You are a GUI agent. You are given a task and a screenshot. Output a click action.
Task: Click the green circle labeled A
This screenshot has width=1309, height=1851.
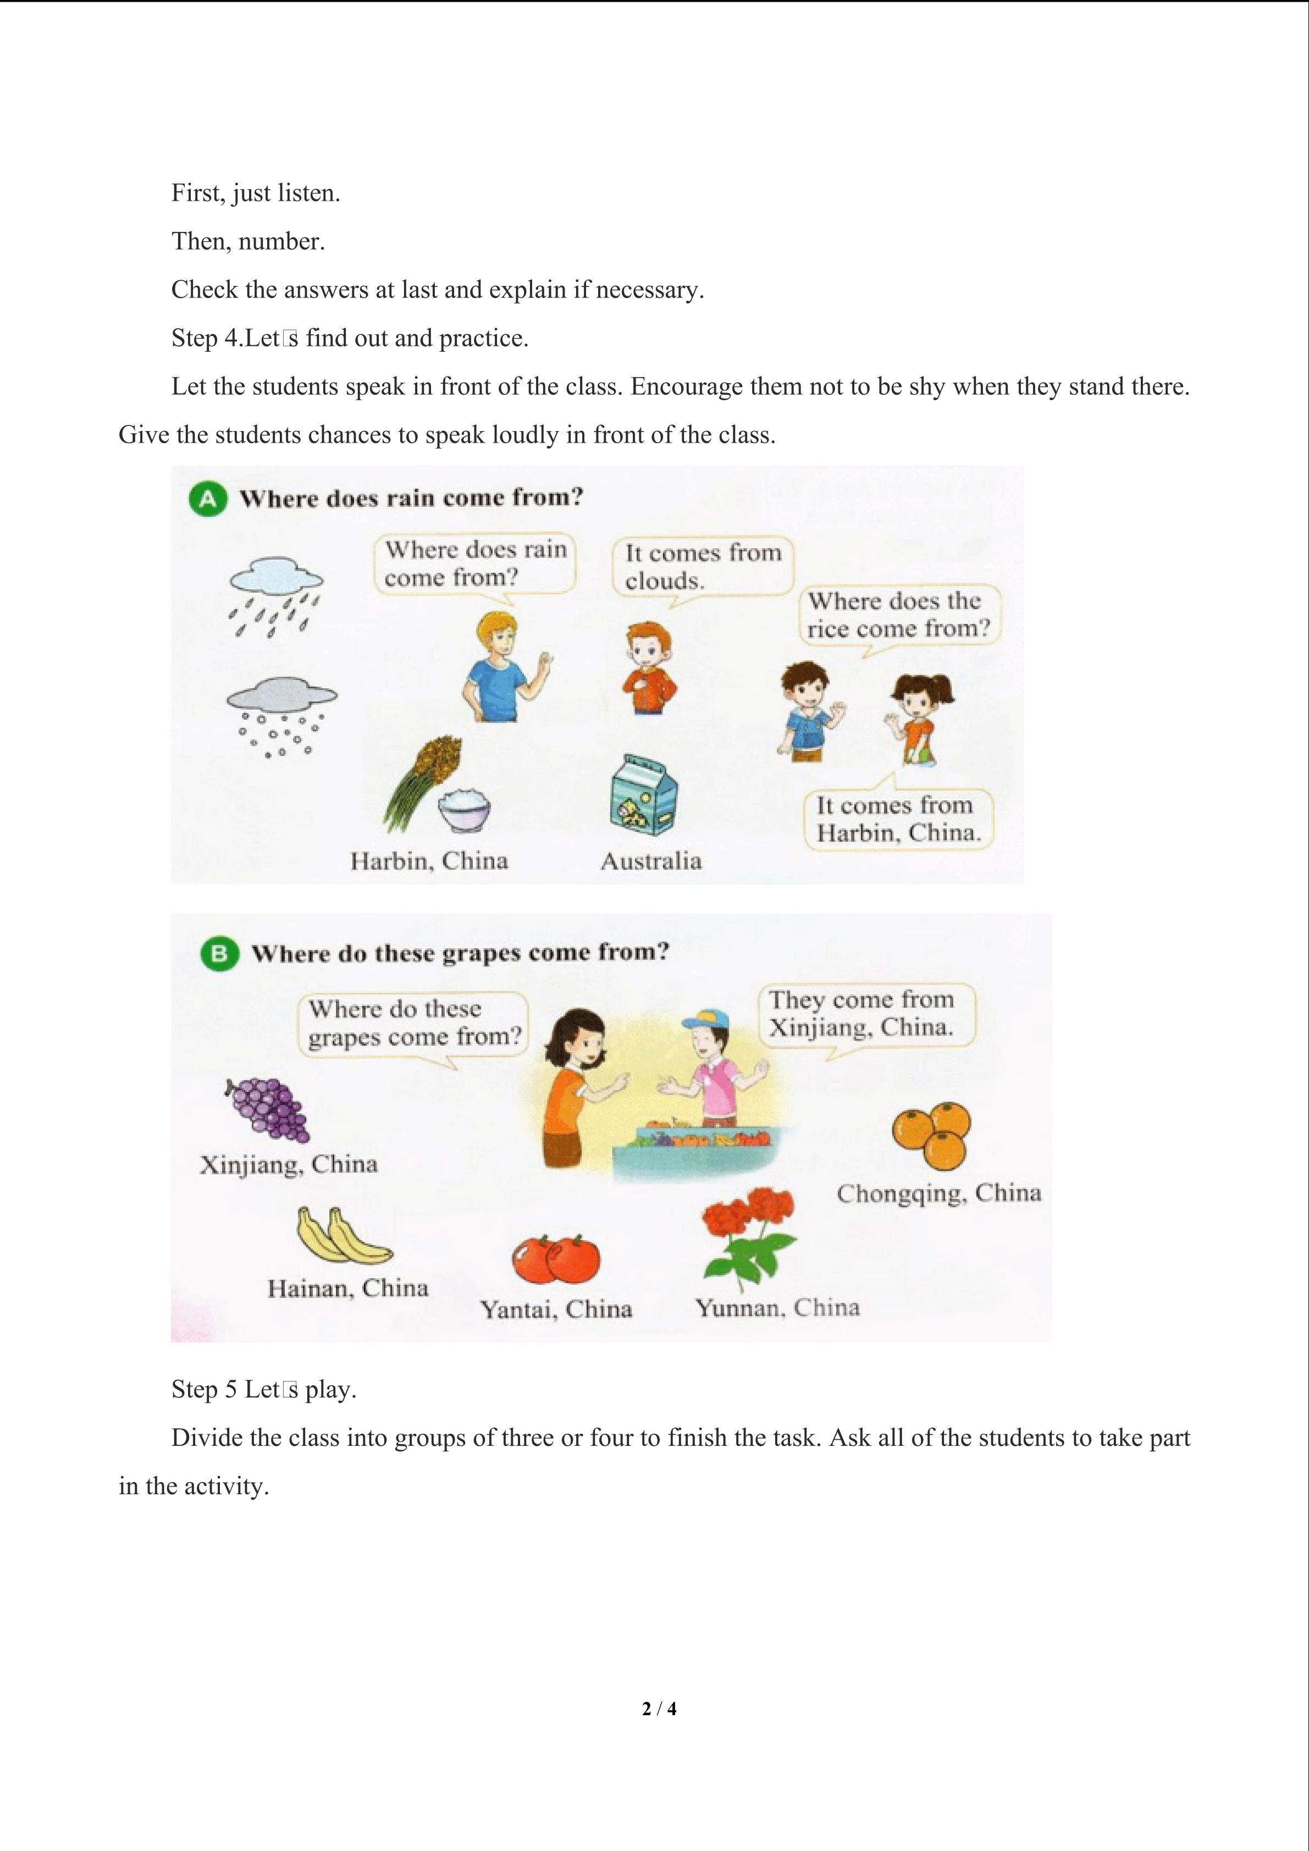click(208, 500)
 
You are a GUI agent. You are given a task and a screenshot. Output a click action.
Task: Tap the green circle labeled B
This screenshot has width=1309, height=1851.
click(219, 954)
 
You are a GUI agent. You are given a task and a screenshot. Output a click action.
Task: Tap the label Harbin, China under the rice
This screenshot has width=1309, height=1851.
click(429, 861)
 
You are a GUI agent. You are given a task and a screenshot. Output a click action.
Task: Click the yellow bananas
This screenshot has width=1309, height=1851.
click(342, 1235)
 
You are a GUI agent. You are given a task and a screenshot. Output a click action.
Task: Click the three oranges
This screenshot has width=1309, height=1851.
click(932, 1134)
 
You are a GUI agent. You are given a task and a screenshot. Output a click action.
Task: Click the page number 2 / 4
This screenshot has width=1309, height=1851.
click(659, 1708)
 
